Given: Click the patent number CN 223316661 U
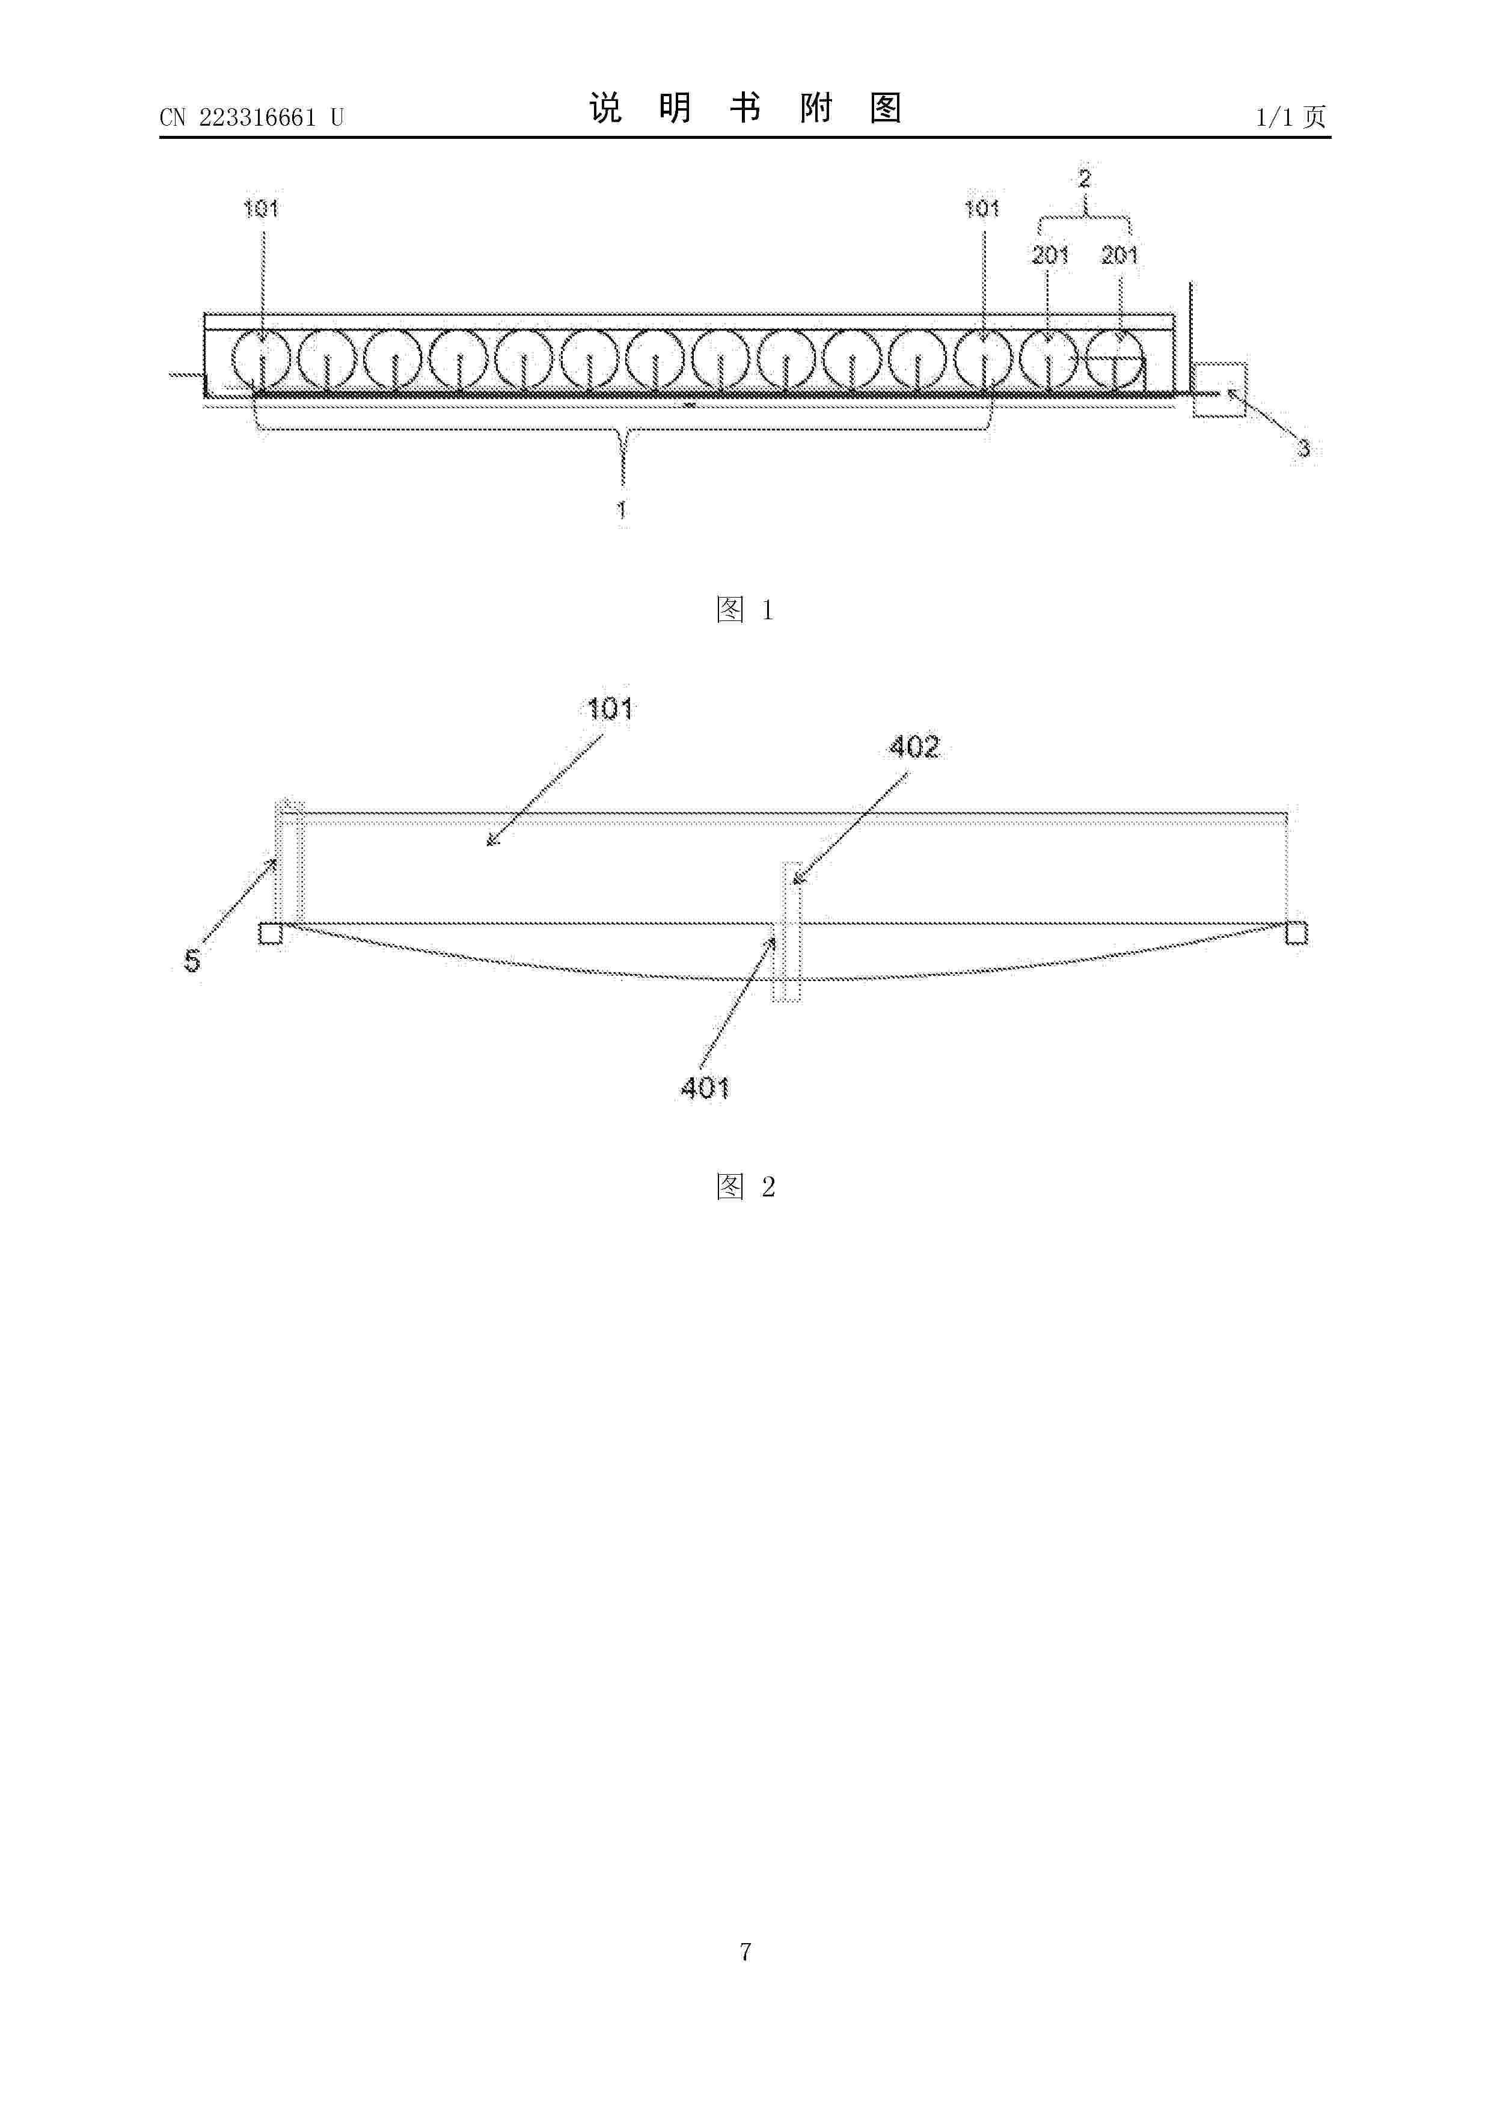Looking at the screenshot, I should point(251,118).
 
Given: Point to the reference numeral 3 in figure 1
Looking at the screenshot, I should point(1303,449).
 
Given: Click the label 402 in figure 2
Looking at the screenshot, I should point(914,747).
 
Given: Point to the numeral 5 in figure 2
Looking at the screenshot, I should point(192,961).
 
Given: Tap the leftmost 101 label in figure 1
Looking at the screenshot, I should point(261,209).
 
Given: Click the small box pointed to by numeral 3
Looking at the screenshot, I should point(1219,390).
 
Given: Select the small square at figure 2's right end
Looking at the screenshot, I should point(1296,933).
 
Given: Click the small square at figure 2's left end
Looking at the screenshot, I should point(270,933).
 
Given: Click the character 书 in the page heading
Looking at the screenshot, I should point(745,108).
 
